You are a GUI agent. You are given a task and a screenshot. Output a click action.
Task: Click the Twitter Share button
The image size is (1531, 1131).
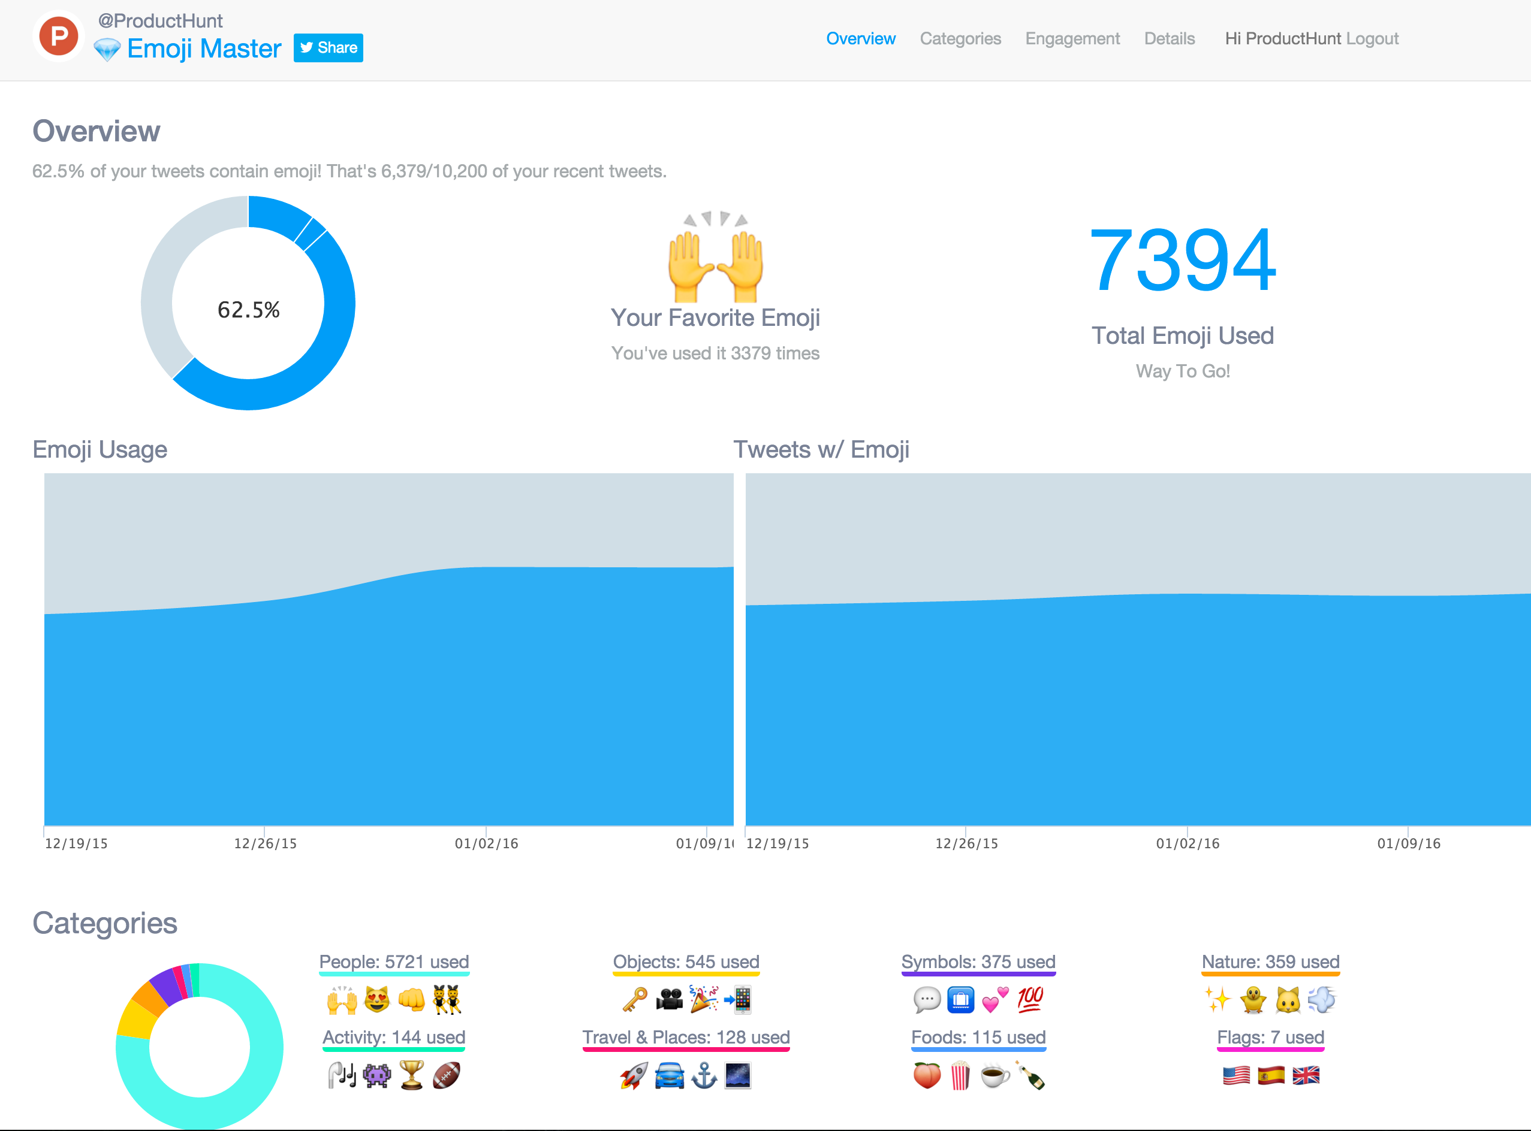point(328,48)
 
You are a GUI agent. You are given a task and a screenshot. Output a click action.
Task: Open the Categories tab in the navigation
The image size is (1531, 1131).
point(960,39)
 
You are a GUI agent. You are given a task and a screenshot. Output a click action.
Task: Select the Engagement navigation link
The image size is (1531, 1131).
point(1072,39)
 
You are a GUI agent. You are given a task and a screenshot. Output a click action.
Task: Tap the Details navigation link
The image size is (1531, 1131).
point(1170,39)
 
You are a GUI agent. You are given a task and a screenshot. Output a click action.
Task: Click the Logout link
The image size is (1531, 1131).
point(1372,39)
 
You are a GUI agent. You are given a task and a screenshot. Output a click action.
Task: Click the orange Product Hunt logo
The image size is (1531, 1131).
point(58,37)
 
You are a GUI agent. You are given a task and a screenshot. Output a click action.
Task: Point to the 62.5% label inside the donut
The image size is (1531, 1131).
point(248,310)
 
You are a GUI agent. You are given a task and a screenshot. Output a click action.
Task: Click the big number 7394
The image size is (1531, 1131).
point(1182,261)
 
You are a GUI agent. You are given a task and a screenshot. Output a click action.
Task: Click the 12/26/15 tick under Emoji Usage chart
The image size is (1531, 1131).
point(265,843)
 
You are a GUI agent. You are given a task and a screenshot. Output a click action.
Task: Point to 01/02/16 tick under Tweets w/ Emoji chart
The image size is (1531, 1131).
point(1187,843)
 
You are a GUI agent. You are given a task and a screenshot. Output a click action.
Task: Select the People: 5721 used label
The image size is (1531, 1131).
point(394,962)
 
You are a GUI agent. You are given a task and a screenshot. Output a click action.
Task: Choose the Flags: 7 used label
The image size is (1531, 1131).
point(1270,1037)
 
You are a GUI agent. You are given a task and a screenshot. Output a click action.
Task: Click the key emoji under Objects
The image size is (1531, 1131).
point(634,1000)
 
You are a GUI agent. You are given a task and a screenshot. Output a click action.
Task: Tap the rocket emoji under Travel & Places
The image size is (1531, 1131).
point(634,1075)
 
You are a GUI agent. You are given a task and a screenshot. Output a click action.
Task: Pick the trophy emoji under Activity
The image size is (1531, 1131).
point(412,1075)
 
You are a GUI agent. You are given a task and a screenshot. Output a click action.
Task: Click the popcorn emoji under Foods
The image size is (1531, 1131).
point(960,1075)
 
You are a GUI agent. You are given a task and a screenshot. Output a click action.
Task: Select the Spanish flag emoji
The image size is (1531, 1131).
point(1271,1075)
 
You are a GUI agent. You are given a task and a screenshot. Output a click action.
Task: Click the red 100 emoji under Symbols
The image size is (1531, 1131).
point(1030,1000)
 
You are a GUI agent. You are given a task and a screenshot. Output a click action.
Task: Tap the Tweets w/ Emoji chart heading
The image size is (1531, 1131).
point(821,450)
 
